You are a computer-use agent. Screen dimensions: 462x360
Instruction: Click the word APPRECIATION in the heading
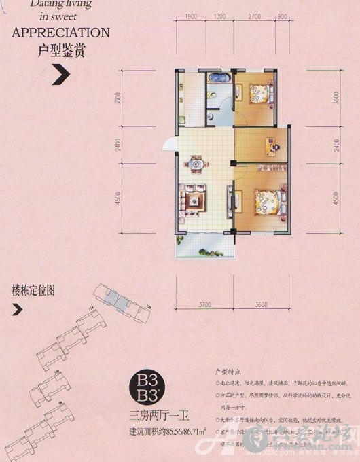[x=61, y=32]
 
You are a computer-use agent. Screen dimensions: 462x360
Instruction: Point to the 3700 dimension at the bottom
[x=205, y=306]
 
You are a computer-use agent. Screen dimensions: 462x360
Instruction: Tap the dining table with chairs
[x=196, y=164]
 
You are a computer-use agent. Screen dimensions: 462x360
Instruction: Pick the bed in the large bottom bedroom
[x=268, y=201]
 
